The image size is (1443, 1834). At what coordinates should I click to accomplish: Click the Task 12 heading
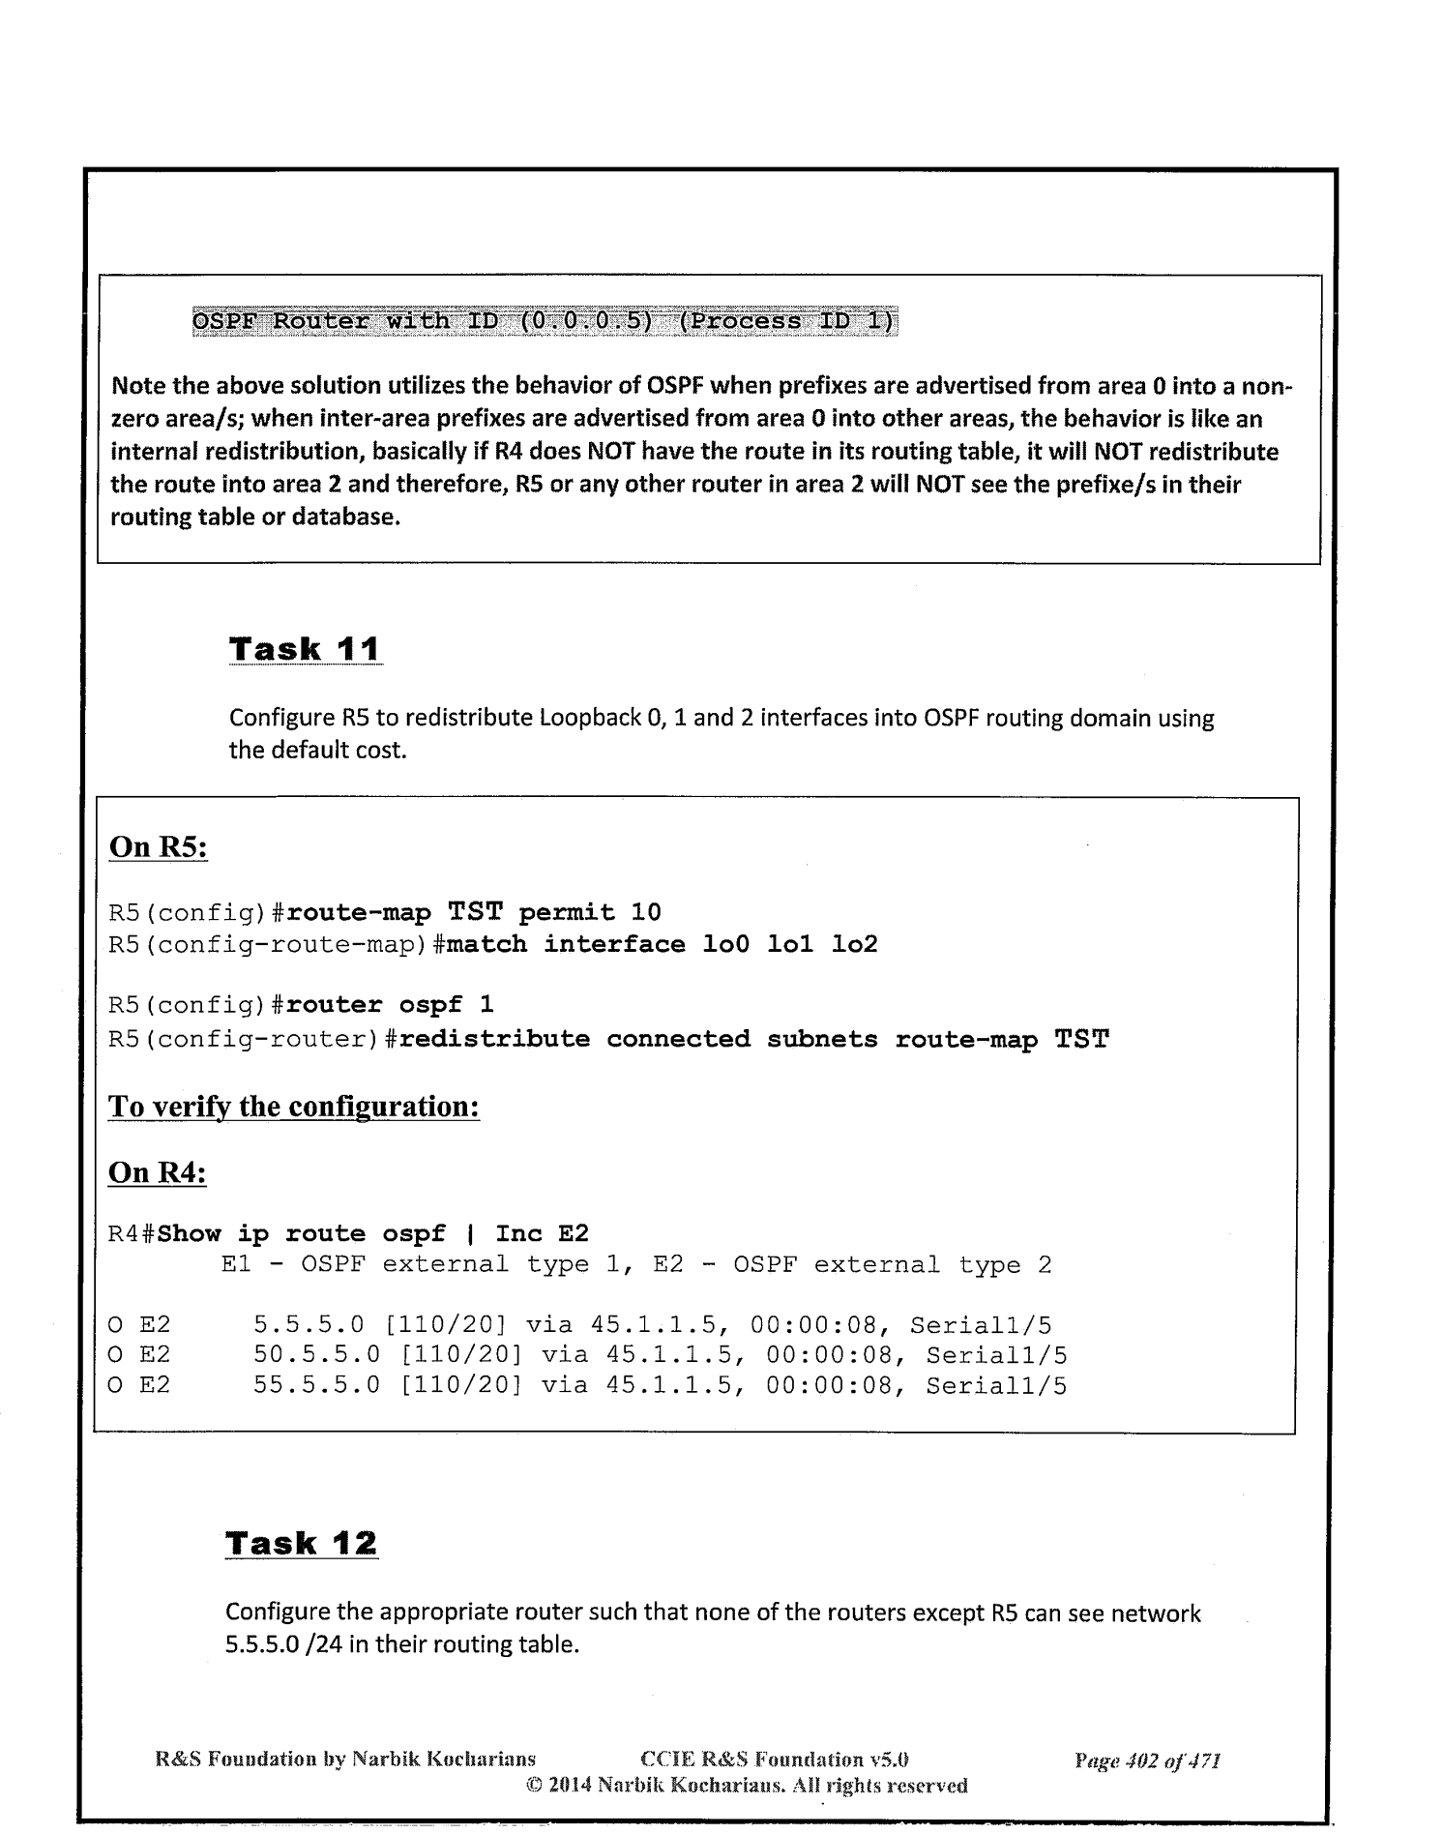(301, 1543)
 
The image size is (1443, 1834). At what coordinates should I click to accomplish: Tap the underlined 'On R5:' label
(159, 847)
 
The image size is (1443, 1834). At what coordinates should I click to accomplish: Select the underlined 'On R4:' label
(159, 1172)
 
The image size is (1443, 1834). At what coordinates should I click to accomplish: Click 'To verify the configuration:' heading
(294, 1107)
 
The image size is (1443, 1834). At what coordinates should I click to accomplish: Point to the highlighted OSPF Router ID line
(545, 321)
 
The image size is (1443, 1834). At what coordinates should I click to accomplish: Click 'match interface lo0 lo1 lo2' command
(662, 944)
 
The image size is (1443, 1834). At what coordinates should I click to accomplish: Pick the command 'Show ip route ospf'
(303, 1233)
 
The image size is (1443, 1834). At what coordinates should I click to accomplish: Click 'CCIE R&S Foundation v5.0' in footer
(774, 1760)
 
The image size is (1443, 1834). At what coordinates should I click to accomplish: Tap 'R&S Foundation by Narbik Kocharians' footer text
(346, 1760)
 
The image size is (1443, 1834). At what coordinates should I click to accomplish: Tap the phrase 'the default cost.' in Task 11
(317, 750)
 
